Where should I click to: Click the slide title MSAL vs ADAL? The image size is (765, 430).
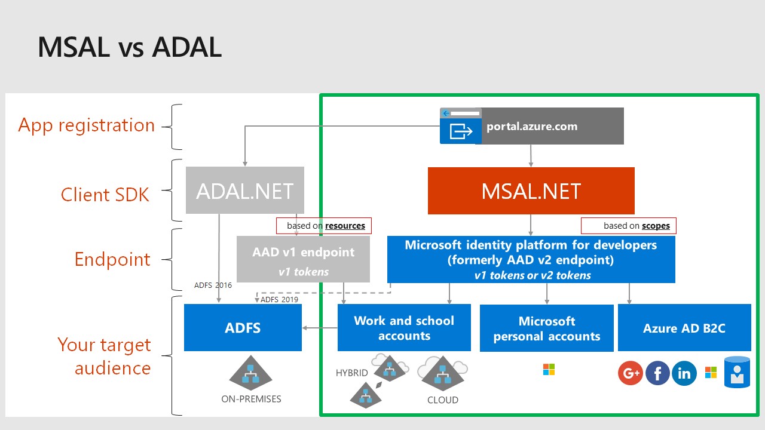[x=130, y=47]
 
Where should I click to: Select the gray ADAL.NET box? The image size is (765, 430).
[x=245, y=190]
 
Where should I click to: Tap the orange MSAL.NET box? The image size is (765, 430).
[x=531, y=191]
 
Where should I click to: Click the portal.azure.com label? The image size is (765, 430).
[x=532, y=126]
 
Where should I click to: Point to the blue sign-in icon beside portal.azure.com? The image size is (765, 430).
[x=461, y=126]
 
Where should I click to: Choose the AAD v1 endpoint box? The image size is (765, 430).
[x=303, y=259]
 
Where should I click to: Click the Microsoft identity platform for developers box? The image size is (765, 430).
[x=531, y=259]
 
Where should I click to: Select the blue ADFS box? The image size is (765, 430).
[x=243, y=328]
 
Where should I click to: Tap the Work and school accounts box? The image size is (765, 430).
[x=404, y=328]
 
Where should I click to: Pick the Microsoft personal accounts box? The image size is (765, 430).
[x=546, y=328]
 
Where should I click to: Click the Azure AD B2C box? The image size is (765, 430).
[x=684, y=328]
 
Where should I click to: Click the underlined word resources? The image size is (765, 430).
[x=345, y=226]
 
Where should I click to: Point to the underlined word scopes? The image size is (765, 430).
[x=656, y=226]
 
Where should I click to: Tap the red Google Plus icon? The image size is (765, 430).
[x=631, y=373]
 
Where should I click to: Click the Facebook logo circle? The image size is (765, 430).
[x=657, y=373]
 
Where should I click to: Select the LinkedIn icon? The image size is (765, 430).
[x=684, y=373]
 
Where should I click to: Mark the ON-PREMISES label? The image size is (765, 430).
[x=251, y=399]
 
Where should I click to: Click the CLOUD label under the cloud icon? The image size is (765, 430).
[x=443, y=400]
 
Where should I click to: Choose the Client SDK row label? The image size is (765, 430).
[x=105, y=195]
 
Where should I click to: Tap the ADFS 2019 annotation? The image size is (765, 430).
[x=279, y=300]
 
